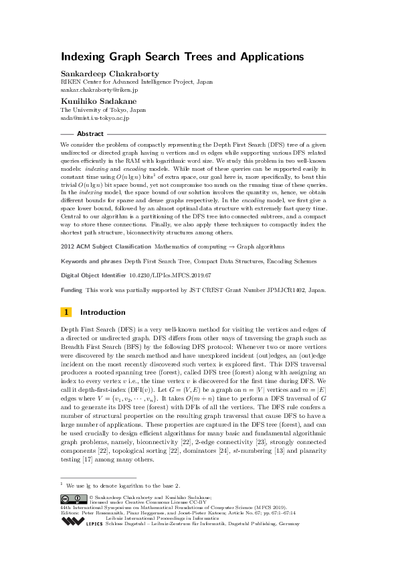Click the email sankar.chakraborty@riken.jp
(x=99, y=88)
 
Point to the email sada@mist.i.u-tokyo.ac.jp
(x=95, y=118)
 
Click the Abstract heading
(x=91, y=134)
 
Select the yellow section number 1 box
(x=66, y=312)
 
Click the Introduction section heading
(x=102, y=312)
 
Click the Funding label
(x=72, y=290)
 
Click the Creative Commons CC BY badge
(x=73, y=498)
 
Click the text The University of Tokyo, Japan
(x=103, y=110)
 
